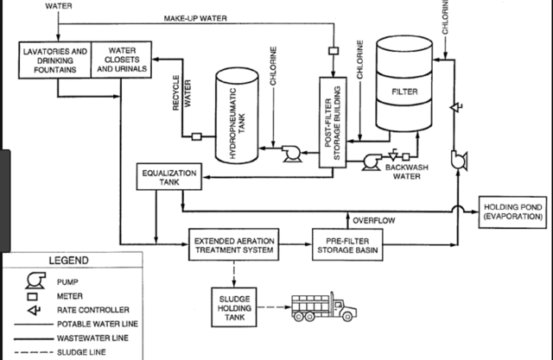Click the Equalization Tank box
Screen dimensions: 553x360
pos(169,177)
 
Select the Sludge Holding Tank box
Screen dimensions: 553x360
pos(234,307)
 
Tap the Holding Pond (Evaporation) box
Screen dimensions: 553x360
pos(512,212)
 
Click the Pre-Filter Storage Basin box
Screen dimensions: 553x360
pos(347,245)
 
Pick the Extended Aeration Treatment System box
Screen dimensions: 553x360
pos(234,245)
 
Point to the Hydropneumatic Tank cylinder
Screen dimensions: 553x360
pos(237,116)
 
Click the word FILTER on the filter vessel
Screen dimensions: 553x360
pos(404,92)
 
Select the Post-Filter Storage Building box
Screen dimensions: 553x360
pos(333,123)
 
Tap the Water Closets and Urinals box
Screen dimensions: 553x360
pos(121,60)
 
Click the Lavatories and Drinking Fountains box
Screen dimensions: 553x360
pos(55,60)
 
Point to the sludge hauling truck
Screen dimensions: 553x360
pos(324,306)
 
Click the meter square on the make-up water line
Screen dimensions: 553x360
pos(334,51)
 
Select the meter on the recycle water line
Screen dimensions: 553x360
pos(196,136)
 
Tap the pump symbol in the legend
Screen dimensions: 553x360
pos(35,281)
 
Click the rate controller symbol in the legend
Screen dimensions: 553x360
pos(35,310)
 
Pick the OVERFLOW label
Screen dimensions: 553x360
pos(374,220)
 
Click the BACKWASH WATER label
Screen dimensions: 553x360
pos(407,172)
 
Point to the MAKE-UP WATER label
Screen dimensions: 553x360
pos(195,18)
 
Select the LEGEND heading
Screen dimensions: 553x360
pos(69,261)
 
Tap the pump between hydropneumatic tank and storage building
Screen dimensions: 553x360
pos(292,154)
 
